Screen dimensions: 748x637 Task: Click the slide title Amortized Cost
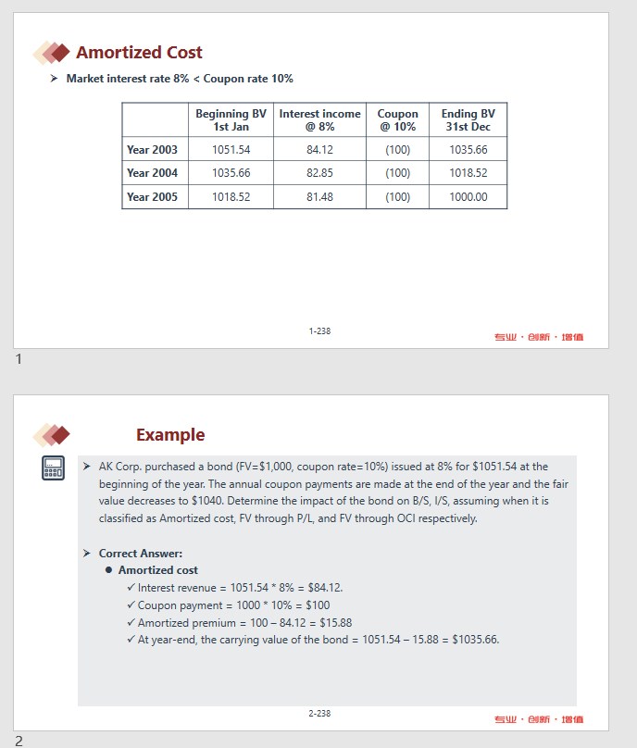139,53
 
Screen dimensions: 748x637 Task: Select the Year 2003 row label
152,149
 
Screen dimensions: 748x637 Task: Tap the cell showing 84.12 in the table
319,149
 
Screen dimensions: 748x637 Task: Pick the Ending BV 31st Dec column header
468,120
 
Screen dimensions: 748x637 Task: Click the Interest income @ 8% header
319,120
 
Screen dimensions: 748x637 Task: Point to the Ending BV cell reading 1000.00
468,196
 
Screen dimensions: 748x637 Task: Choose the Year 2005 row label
152,196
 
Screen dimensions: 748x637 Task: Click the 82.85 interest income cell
319,173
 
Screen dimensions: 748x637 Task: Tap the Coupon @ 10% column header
397,120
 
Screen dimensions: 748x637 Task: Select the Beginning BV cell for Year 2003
231,149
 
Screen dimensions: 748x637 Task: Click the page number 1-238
319,330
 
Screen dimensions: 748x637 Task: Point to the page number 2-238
319,713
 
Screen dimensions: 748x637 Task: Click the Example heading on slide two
170,435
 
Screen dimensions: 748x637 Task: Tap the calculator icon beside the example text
53,468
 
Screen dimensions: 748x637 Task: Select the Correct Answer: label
141,553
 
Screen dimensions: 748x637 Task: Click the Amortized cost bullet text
157,570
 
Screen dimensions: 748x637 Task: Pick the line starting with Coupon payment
233,605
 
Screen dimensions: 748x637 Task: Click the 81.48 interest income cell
319,196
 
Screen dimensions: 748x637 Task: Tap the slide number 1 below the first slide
19,359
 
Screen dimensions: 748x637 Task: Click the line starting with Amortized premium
244,623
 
